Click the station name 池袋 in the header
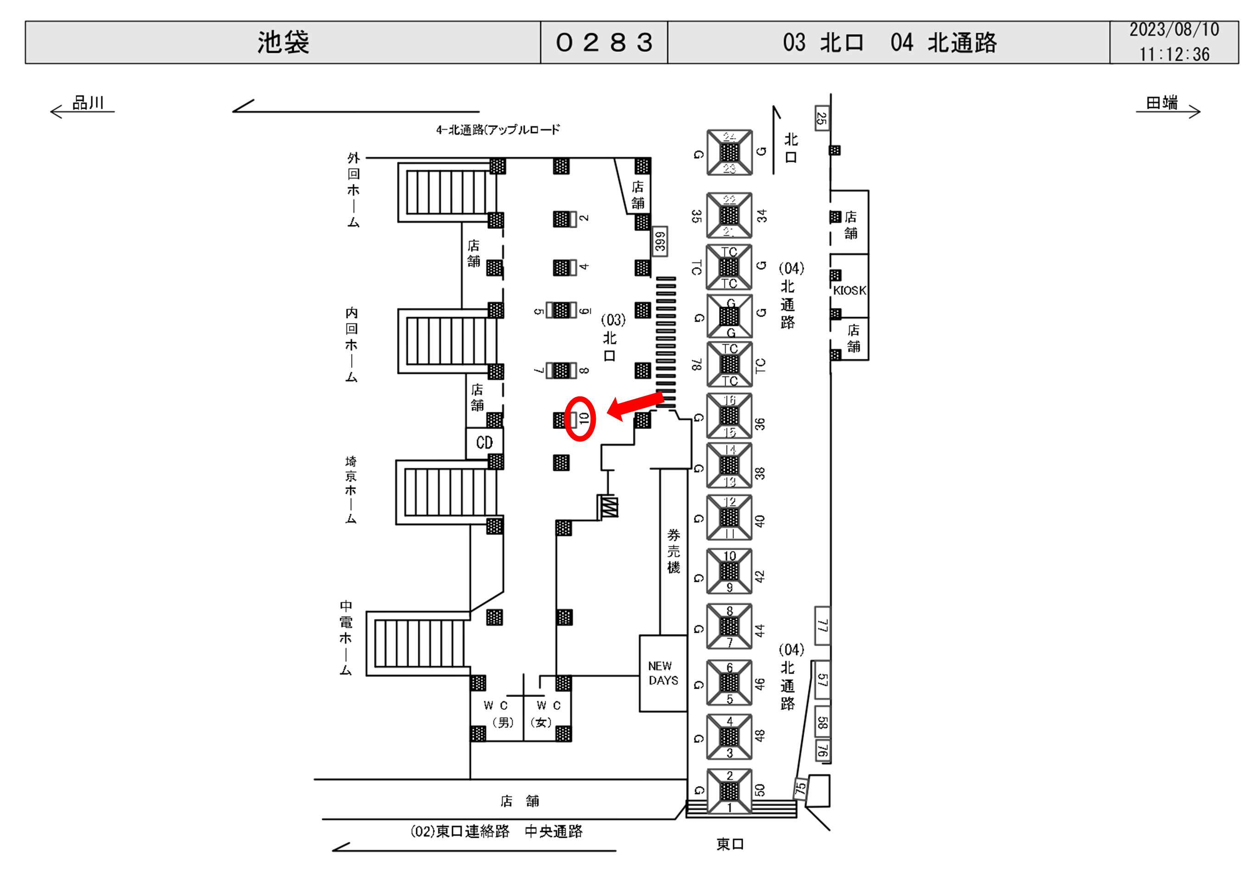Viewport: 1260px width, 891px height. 283,42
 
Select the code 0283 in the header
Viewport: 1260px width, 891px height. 604,42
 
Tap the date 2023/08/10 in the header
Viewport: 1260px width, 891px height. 1174,30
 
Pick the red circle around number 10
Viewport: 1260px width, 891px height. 580,418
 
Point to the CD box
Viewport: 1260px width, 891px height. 484,443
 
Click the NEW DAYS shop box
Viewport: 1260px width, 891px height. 663,673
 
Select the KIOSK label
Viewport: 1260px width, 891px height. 849,290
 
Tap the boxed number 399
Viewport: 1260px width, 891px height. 660,241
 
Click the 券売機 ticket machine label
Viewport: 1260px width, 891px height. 673,551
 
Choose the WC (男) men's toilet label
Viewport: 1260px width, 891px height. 496,713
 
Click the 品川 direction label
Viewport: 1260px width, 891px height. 88,103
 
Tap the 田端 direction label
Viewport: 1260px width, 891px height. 1162,103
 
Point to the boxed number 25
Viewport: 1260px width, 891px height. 822,118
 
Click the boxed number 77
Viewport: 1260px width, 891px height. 822,625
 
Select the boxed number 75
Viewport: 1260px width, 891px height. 801,788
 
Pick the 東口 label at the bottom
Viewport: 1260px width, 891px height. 730,844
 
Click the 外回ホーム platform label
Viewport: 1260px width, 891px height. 353,190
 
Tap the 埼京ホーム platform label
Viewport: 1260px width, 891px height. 351,490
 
